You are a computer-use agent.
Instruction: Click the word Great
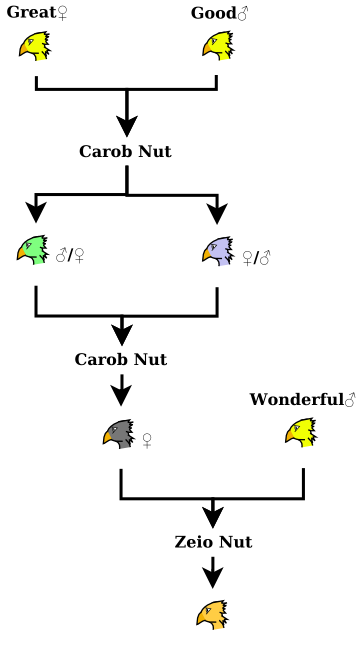point(31,13)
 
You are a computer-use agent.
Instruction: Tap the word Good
point(212,13)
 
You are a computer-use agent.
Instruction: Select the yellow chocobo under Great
point(34,46)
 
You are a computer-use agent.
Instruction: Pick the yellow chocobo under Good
point(217,46)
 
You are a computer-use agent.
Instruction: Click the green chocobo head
point(33,250)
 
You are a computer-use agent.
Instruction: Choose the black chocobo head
point(118,434)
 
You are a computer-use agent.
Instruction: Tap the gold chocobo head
point(211,615)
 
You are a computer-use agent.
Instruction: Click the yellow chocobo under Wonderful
point(301,433)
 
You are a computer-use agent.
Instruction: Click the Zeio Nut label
point(213,542)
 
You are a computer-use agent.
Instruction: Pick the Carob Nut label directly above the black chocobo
point(121,359)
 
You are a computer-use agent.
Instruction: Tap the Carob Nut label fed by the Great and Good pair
point(125,152)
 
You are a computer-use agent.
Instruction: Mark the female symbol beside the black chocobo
point(147,440)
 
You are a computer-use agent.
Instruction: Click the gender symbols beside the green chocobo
point(70,256)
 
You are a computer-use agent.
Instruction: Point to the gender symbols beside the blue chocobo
point(257,257)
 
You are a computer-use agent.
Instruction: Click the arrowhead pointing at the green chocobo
point(36,211)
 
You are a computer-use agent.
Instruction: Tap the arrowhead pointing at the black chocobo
point(121,393)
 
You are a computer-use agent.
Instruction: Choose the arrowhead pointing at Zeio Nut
point(212,516)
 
